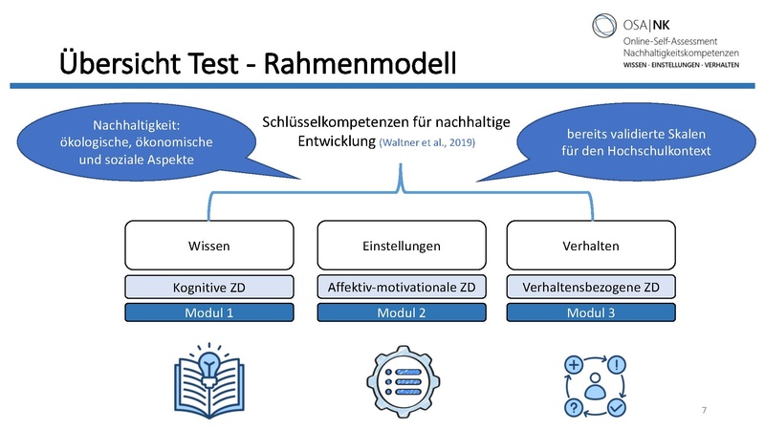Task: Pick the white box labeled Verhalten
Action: [x=591, y=246]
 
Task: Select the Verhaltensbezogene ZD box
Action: [x=591, y=287]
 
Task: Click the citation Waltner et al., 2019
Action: [x=426, y=142]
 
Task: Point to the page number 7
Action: [x=704, y=410]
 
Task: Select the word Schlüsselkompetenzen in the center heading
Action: [x=335, y=121]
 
